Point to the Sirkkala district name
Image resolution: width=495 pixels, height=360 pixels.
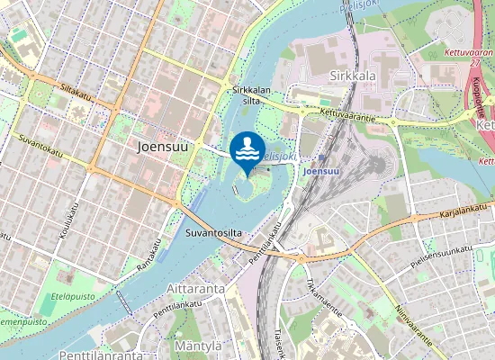click(353, 76)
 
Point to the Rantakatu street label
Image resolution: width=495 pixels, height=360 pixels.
click(149, 256)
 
